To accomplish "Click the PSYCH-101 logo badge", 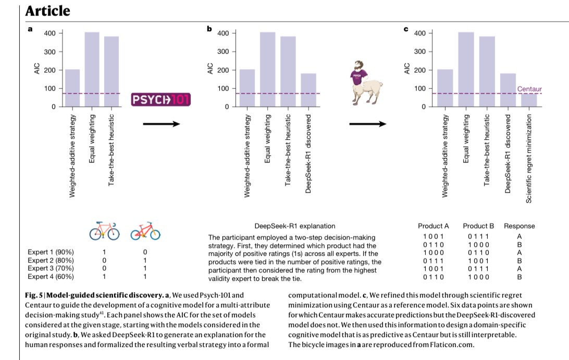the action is click(161, 100).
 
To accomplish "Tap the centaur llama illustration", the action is click(365, 83).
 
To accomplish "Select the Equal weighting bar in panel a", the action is click(92, 69).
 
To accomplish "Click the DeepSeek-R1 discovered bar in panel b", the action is click(308, 90).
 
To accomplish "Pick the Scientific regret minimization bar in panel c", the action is click(529, 100).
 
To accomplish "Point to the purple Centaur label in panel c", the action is click(529, 89).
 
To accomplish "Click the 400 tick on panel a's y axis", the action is click(50, 33).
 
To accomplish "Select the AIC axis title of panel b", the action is click(210, 69).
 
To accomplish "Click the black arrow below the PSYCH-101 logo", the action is click(162, 124).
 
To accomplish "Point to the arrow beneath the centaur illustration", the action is click(367, 124).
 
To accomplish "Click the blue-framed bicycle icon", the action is click(105, 231).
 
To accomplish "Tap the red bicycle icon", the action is click(145, 231).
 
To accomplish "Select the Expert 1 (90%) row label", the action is click(51, 252).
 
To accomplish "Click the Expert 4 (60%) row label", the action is click(51, 277).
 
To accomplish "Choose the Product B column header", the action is click(478, 226).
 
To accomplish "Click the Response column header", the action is click(519, 226).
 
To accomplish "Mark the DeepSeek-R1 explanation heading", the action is click(295, 226).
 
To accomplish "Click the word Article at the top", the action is click(47, 11).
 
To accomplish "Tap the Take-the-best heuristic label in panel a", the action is click(111, 150).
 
